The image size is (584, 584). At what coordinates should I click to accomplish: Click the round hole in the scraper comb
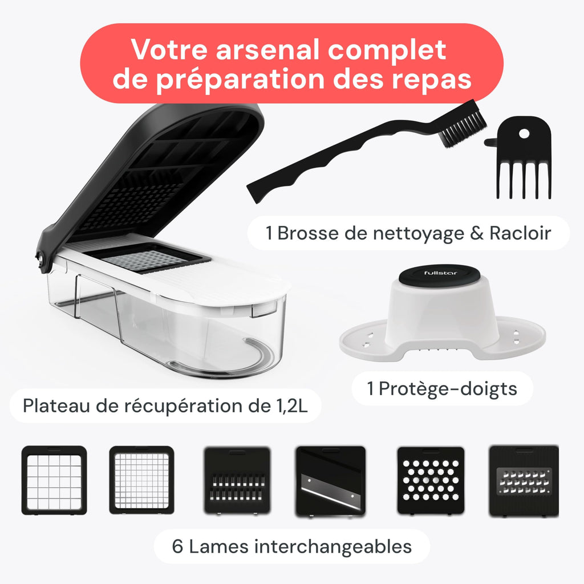[x=524, y=132]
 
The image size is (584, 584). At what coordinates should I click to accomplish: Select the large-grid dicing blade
[x=54, y=480]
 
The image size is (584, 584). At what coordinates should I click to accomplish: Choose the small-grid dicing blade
[x=141, y=480]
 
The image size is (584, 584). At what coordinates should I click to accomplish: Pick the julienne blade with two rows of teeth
[x=236, y=480]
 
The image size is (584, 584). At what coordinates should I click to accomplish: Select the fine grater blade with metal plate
[x=524, y=480]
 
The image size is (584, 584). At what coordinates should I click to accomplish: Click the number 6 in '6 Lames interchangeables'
[x=177, y=547]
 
